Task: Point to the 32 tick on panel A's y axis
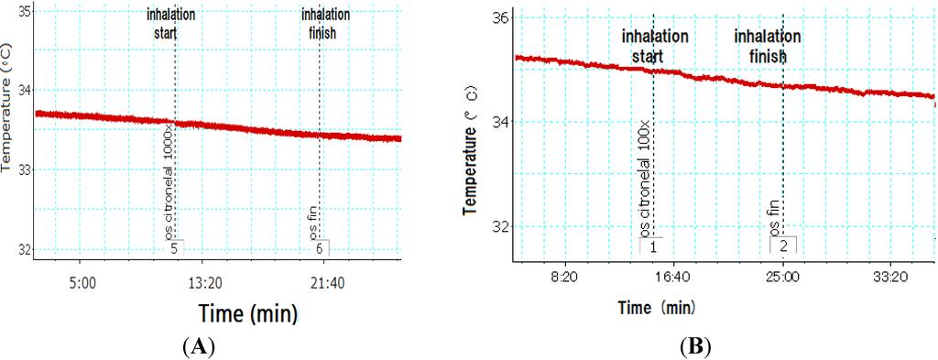[x=24, y=249]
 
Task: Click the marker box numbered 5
[x=174, y=247]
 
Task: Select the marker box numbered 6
[x=319, y=247]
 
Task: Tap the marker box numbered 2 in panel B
[x=783, y=245]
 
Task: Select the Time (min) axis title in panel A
[x=247, y=314]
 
